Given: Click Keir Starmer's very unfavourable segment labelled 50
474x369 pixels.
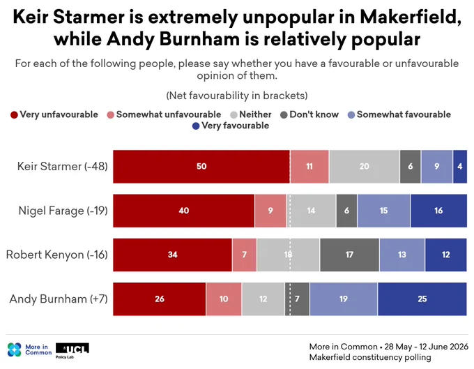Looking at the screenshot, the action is [201, 166].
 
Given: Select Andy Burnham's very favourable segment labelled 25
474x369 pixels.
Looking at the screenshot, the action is [422, 299].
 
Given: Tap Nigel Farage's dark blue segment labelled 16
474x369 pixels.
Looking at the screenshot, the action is [438, 211].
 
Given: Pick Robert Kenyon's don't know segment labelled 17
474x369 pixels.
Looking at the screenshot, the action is [349, 255].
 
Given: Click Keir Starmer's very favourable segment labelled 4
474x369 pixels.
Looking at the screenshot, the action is [460, 166].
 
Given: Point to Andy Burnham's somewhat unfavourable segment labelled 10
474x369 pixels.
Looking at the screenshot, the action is [224, 299].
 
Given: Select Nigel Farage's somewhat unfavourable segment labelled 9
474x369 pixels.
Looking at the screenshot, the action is [270, 211].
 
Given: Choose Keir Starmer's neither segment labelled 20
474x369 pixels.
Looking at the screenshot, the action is [365, 166].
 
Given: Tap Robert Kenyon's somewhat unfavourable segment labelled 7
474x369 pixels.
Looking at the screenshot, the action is [244, 255].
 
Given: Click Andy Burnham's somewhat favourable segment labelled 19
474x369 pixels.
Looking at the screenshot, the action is [344, 299].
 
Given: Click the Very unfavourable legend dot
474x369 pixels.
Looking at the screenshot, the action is [14, 115].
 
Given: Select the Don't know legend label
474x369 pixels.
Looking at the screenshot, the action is [314, 114].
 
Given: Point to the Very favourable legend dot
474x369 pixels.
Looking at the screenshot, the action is [196, 126].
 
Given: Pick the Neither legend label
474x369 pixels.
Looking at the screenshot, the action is [255, 114].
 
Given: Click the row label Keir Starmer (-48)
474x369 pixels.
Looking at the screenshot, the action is [62, 166].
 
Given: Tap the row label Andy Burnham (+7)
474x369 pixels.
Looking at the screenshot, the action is [59, 299].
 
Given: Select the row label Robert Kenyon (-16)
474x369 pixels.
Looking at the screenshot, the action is [57, 255].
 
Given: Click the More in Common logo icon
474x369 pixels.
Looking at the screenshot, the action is [14, 349].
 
